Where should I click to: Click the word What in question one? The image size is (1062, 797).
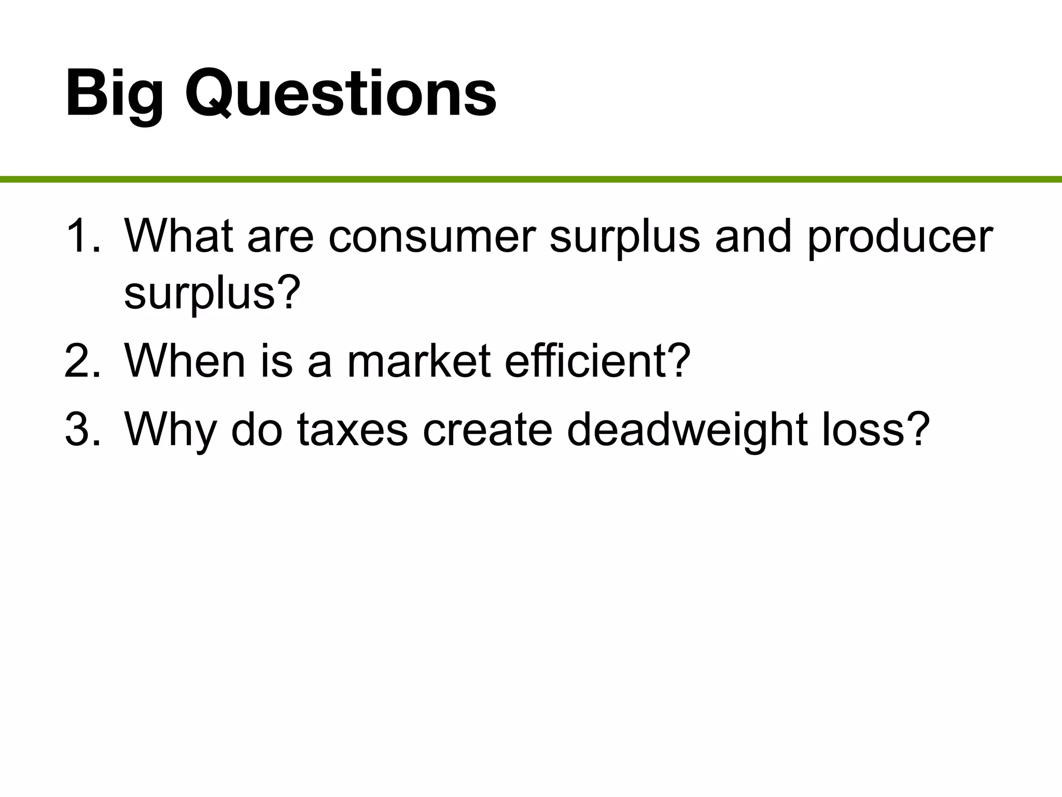178,237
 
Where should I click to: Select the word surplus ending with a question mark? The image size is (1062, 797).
212,294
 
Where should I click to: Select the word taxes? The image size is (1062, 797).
353,430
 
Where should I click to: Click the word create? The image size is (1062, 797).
487,430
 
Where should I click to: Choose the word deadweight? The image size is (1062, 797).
687,430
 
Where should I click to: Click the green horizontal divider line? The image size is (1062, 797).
531,180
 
